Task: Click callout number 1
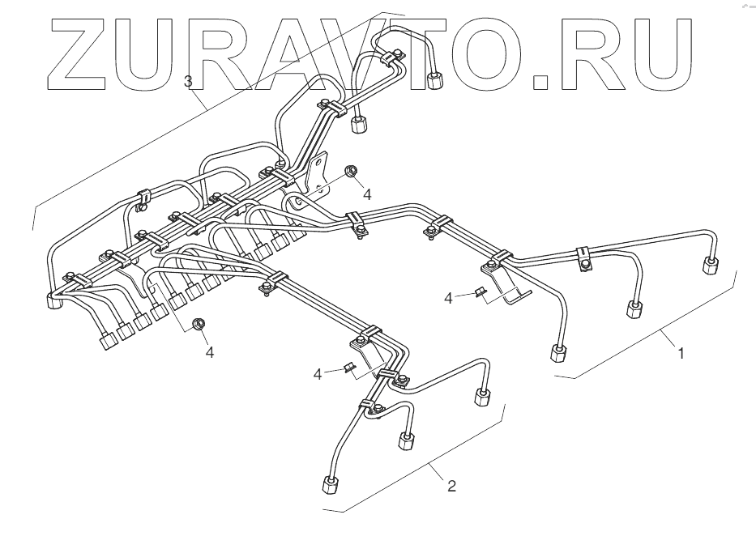point(681,353)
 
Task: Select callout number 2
point(452,486)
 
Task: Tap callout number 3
point(188,81)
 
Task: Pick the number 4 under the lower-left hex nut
point(209,353)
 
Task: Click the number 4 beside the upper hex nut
point(367,194)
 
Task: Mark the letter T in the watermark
point(438,51)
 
